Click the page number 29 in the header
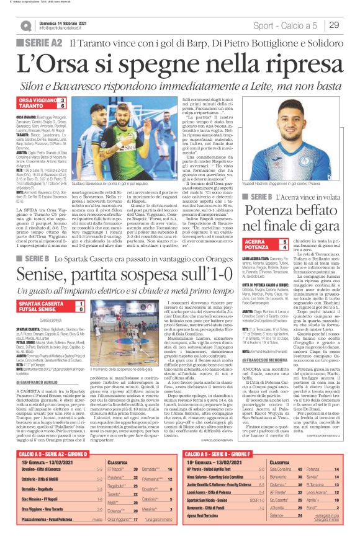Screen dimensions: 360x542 (x=334, y=25)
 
